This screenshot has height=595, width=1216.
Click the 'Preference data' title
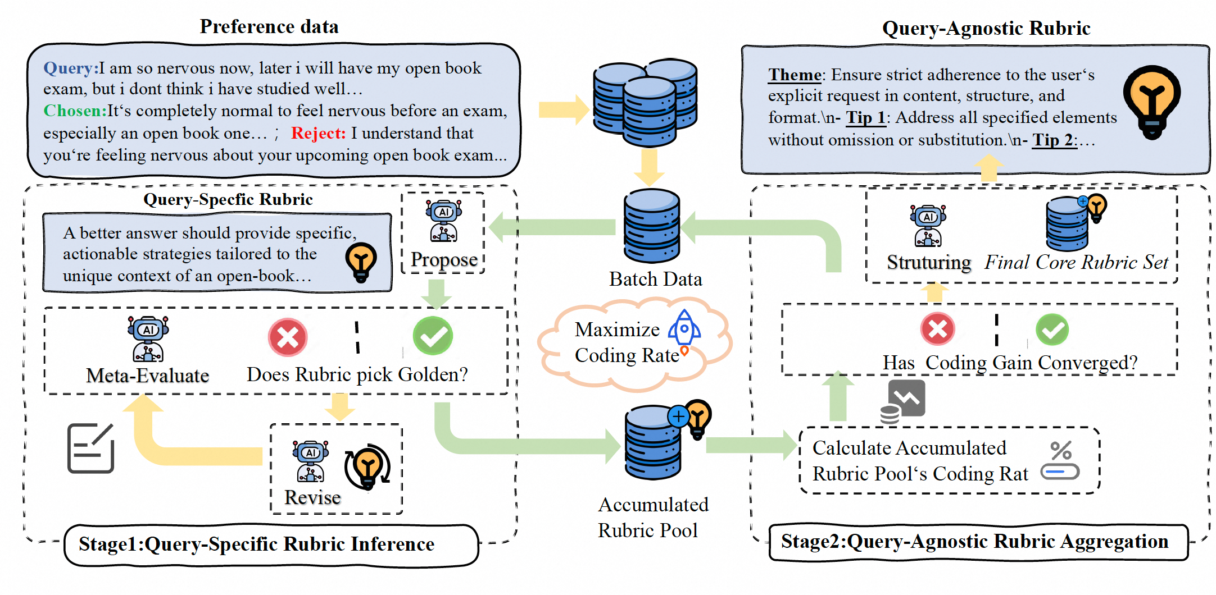pyautogui.click(x=269, y=26)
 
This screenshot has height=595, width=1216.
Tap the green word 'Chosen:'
pyautogui.click(x=75, y=111)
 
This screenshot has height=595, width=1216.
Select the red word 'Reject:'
pyautogui.click(x=318, y=133)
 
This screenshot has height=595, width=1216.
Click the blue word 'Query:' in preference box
pyautogui.click(x=71, y=68)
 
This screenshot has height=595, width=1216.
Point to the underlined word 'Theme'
pyautogui.click(x=795, y=75)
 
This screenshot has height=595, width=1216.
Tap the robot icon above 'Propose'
pyautogui.click(x=443, y=221)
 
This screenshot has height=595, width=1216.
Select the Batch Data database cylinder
pyautogui.click(x=652, y=226)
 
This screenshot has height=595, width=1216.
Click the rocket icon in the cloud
pyautogui.click(x=684, y=328)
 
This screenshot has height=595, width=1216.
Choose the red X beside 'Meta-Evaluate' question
pyautogui.click(x=288, y=337)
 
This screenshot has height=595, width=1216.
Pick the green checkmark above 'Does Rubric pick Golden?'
pyautogui.click(x=433, y=336)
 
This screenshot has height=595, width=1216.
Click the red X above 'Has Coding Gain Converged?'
pyautogui.click(x=937, y=329)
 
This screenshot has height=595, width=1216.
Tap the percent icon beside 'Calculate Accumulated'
pyautogui.click(x=1060, y=460)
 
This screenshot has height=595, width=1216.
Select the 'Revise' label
pyautogui.click(x=312, y=497)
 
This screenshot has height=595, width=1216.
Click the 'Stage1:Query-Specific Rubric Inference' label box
pyautogui.click(x=271, y=544)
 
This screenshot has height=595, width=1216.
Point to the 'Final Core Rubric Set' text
pyautogui.click(x=1076, y=262)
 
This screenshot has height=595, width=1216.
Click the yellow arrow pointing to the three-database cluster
pyautogui.click(x=562, y=109)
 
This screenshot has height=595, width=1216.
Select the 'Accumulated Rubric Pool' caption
pyautogui.click(x=652, y=517)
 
